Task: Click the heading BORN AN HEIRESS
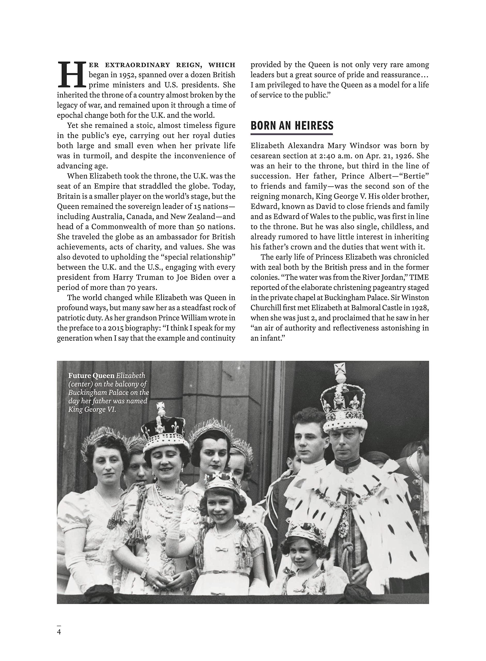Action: tap(292, 126)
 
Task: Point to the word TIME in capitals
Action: tap(419, 277)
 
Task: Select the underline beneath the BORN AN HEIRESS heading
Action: tap(292, 134)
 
